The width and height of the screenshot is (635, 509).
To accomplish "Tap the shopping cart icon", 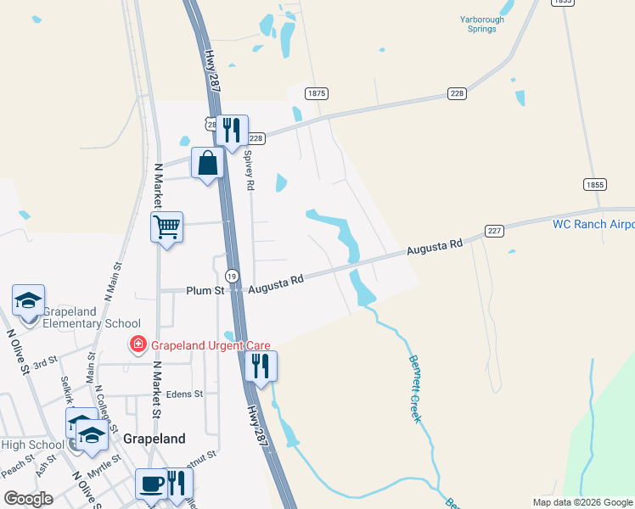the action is pyautogui.click(x=166, y=227).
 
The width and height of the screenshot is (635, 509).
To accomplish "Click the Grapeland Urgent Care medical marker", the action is pyautogui.click(x=136, y=344).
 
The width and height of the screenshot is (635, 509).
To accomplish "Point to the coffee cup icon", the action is pyautogui.click(x=152, y=484).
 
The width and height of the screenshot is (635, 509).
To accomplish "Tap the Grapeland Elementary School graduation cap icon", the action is pyautogui.click(x=28, y=300).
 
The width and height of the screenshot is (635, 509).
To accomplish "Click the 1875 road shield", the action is pyautogui.click(x=317, y=93).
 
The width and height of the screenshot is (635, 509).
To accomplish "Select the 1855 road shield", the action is pyautogui.click(x=594, y=184).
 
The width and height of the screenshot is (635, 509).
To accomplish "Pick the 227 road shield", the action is pyautogui.click(x=495, y=231).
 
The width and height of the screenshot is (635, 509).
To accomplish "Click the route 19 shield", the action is pyautogui.click(x=232, y=276).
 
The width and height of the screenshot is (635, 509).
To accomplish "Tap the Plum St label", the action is pyautogui.click(x=205, y=291).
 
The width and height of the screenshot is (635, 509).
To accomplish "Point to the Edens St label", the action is pyautogui.click(x=185, y=394).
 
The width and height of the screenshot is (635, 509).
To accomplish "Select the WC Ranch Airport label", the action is pyautogui.click(x=593, y=224).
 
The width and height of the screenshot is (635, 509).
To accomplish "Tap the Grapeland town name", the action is pyautogui.click(x=154, y=439).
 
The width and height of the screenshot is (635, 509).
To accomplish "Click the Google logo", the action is pyautogui.click(x=28, y=498).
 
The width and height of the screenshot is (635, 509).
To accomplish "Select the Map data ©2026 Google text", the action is pyautogui.click(x=582, y=502).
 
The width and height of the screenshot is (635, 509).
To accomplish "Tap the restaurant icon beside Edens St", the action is pyautogui.click(x=261, y=366).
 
